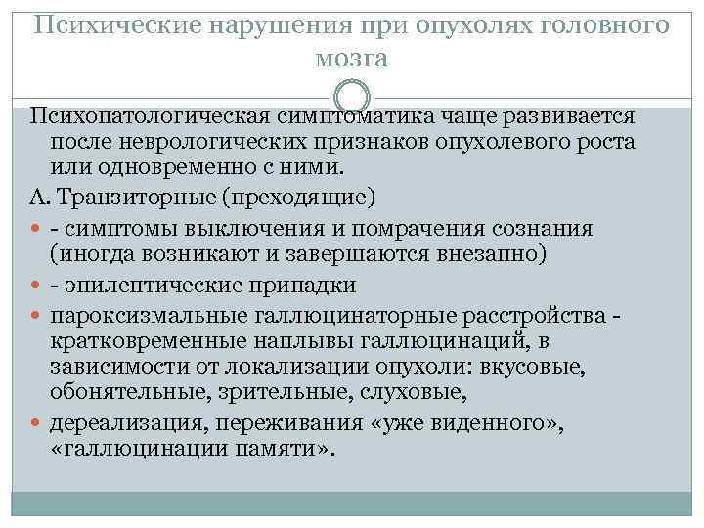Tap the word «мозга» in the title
(x=352, y=58)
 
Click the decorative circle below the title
(x=352, y=98)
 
